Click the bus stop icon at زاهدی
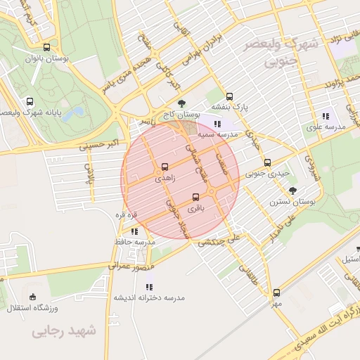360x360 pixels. tap(165, 167)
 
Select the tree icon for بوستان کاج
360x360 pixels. tap(182, 103)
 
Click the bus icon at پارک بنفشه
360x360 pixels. tap(229, 97)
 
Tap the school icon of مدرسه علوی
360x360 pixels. tap(325, 116)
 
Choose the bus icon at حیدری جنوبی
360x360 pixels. tap(267, 162)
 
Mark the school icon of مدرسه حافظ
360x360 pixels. tap(134, 231)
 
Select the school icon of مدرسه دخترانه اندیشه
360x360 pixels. tap(148, 287)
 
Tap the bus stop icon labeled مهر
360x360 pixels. tap(276, 292)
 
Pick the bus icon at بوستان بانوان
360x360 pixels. tap(46, 48)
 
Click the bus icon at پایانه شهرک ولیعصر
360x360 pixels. tap(30, 101)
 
